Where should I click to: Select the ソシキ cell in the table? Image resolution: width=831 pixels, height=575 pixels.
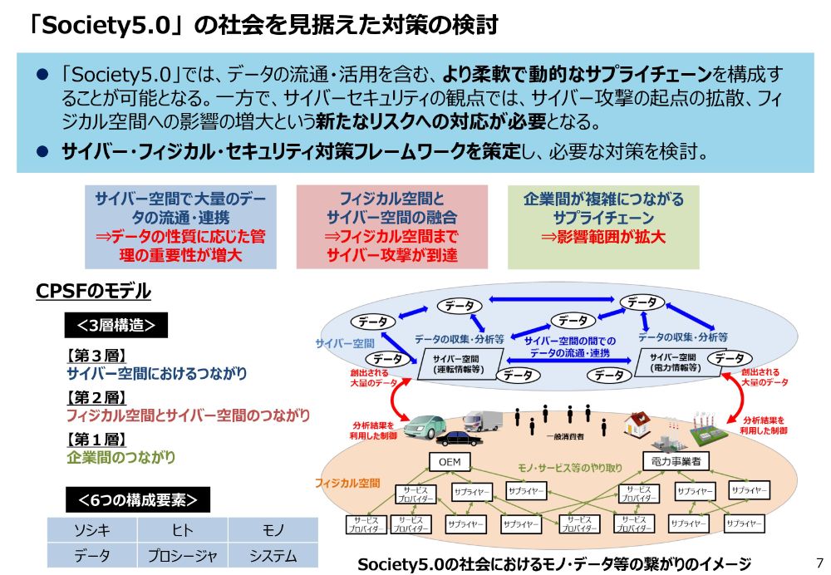[91, 530]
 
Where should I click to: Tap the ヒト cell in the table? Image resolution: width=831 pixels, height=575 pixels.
[182, 530]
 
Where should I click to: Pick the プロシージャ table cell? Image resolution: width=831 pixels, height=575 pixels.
[182, 555]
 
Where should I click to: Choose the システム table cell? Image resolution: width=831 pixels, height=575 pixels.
[273, 555]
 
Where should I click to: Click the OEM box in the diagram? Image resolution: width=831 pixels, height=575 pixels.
[450, 462]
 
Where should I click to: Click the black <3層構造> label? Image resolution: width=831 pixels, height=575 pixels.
[116, 325]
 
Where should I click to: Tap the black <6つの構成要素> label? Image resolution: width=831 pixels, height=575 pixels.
[138, 499]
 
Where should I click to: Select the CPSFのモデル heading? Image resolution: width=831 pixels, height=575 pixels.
[94, 291]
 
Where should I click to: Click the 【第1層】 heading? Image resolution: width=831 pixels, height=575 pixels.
[96, 440]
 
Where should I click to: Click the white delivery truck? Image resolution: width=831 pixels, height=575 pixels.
[484, 419]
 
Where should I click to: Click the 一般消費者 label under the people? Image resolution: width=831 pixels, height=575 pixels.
[564, 435]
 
